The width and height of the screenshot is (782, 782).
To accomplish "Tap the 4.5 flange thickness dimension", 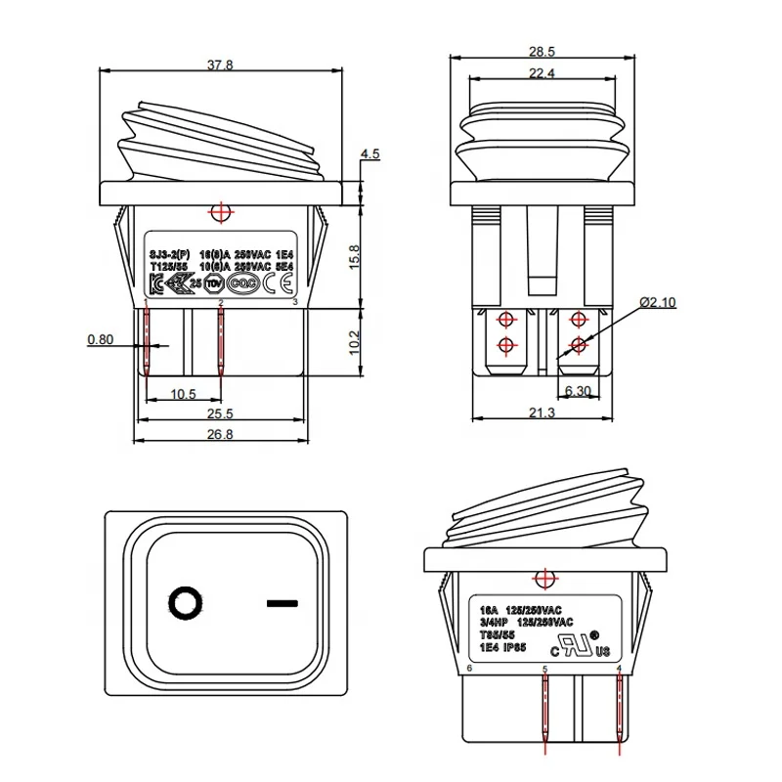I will pos(369,153).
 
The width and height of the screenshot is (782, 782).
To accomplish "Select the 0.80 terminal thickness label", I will pos(100,339).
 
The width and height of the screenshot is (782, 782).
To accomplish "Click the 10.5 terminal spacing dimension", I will pos(183,394).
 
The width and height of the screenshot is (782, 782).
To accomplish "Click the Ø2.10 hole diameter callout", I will pos(658,303).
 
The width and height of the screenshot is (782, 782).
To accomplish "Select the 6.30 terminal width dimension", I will pos(579,391).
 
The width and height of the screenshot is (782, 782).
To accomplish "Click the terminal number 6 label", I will pos(470,669).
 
